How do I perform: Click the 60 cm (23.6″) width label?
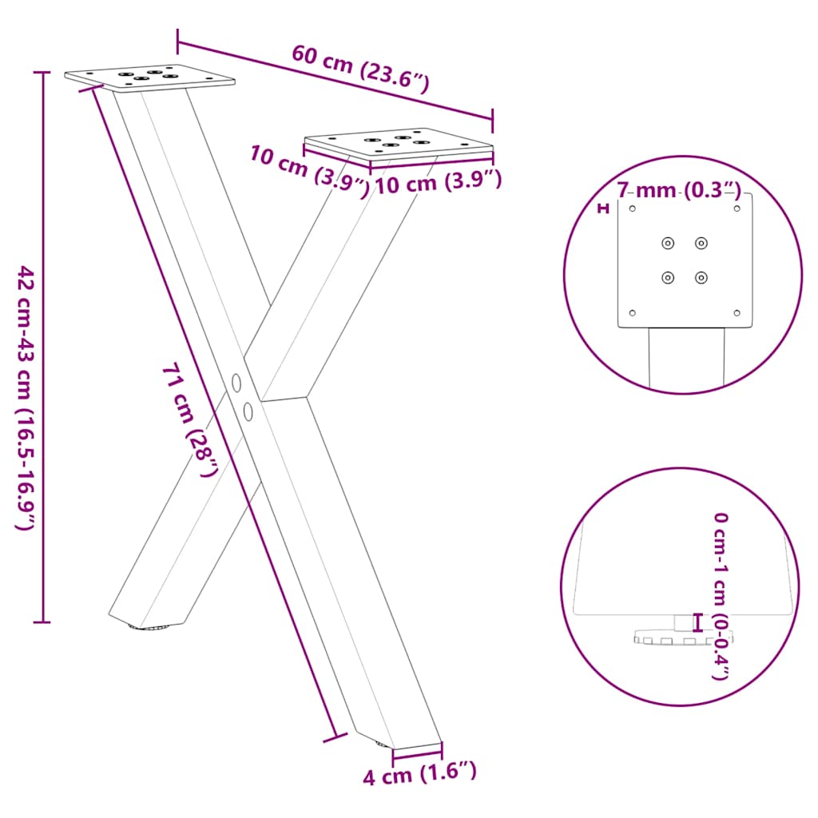pyautogui.click(x=360, y=69)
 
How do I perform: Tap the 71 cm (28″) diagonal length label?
pyautogui.click(x=189, y=419)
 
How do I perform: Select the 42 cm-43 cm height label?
pyautogui.click(x=26, y=399)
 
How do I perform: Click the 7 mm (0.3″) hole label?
pyautogui.click(x=680, y=191)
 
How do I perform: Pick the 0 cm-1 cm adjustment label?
pyautogui.click(x=721, y=595)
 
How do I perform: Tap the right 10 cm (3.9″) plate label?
pyautogui.click(x=438, y=184)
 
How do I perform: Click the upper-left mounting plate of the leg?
pyautogui.click(x=150, y=77)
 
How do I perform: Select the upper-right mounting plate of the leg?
pyautogui.click(x=399, y=145)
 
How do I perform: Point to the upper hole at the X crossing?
pyautogui.click(x=236, y=383)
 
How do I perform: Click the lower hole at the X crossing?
pyautogui.click(x=248, y=411)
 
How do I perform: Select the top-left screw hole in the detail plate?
pyautogui.click(x=668, y=243)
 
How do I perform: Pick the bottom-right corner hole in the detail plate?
pyautogui.click(x=737, y=312)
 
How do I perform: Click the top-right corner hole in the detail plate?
pyautogui.click(x=737, y=208)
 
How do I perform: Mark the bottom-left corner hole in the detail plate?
pyautogui.click(x=633, y=312)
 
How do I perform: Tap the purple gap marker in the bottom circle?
pyautogui.click(x=698, y=622)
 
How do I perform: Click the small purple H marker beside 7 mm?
pyautogui.click(x=604, y=209)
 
